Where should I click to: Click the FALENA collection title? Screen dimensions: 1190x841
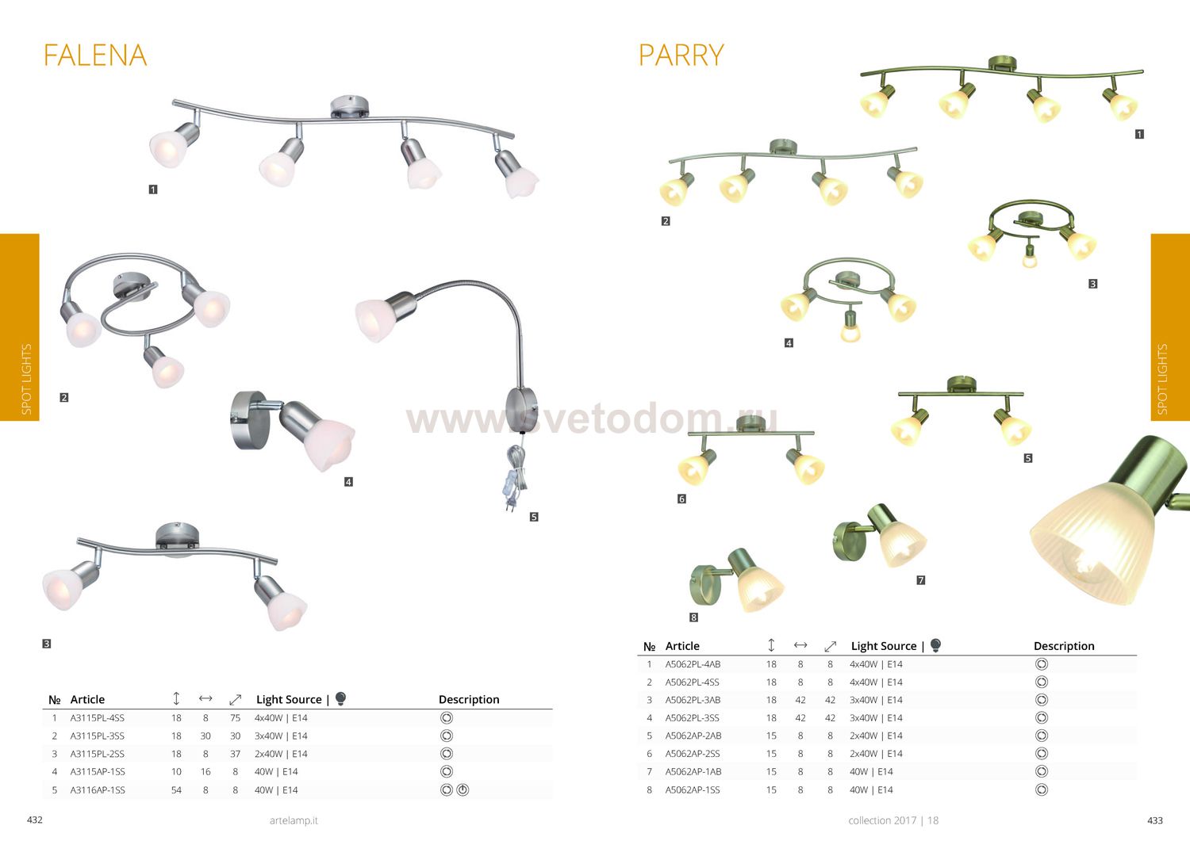pos(95,55)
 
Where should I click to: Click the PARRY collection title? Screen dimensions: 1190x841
pos(681,55)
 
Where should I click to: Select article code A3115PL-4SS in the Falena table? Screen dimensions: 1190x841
pos(98,718)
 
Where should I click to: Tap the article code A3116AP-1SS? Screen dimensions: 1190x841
pos(98,790)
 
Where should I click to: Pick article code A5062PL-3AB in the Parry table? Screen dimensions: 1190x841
pos(693,700)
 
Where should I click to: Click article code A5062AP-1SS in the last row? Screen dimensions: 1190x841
pos(693,790)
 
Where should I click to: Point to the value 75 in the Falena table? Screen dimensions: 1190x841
pos(236,718)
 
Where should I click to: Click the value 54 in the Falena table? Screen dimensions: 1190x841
pos(176,790)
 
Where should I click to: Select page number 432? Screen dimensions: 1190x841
pos(35,820)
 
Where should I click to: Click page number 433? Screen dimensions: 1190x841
pos(1155,820)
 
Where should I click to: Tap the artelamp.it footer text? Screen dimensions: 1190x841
pos(294,820)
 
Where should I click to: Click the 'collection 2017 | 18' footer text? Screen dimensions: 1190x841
pos(893,820)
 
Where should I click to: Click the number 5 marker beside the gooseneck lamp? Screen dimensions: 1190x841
pos(534,517)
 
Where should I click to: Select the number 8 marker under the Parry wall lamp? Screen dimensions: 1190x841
pos(693,617)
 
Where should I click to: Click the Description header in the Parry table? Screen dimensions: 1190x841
pos(1064,646)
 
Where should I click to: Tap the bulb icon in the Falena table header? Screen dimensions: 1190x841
pos(341,698)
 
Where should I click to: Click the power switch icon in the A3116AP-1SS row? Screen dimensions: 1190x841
pos(463,790)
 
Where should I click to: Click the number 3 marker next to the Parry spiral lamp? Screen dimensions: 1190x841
pos(1092,284)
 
